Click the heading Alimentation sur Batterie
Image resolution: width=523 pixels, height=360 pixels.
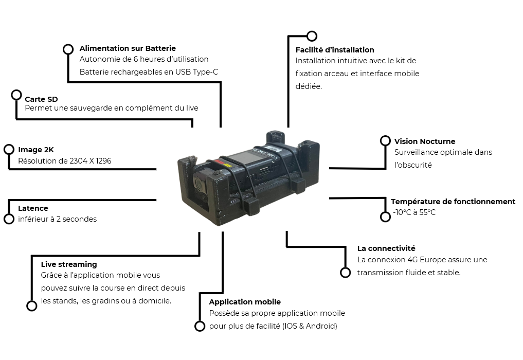tap(128, 48)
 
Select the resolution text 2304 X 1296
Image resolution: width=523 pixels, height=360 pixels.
tap(91, 161)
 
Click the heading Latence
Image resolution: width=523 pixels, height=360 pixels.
tap(33, 208)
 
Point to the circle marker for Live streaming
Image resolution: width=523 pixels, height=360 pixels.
tap(32, 306)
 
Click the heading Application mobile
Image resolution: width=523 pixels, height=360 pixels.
tap(245, 302)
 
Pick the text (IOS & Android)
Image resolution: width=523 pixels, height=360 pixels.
tap(310, 326)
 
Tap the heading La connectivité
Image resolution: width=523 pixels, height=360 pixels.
tap(386, 248)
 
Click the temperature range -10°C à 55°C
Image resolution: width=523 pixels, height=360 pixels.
tap(414, 212)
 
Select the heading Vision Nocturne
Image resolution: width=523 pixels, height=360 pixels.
tap(424, 141)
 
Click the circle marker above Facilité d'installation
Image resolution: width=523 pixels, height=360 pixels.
tap(312, 36)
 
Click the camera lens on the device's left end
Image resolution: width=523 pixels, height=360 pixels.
tap(199, 185)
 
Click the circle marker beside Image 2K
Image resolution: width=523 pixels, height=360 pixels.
tap(9, 149)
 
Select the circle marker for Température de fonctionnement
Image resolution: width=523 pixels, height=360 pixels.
tap(386, 217)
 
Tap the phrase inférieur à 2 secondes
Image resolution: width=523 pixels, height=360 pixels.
tap(57, 219)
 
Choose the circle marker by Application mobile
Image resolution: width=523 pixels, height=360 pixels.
tap(200, 326)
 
